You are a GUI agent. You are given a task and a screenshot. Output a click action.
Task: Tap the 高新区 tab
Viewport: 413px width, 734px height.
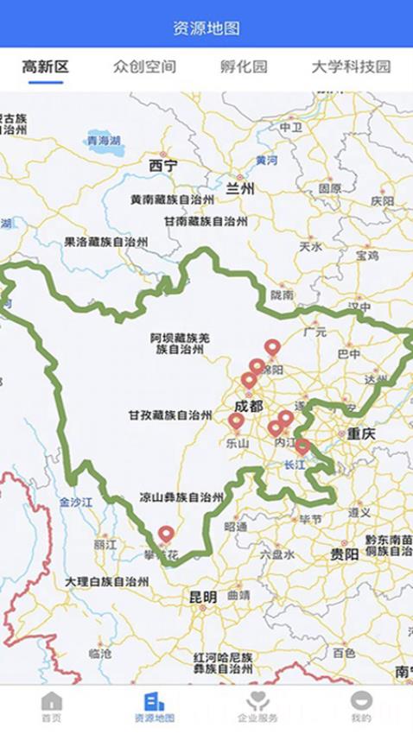(x=46, y=66)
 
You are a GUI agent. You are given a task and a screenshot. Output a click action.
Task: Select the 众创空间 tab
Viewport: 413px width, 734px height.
(x=144, y=66)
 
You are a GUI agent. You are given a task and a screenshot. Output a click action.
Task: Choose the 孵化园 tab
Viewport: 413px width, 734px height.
(x=244, y=66)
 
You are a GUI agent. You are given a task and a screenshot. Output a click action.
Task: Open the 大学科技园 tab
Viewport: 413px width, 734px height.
(x=351, y=66)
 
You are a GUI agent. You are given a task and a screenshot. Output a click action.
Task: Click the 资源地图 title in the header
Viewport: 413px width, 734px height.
(x=206, y=28)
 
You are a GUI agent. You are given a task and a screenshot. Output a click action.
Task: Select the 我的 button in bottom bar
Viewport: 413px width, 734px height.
(x=361, y=706)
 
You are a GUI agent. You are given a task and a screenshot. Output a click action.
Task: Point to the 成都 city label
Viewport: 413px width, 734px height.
(x=250, y=406)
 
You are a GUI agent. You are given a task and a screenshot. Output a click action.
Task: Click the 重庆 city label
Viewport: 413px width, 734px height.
(x=361, y=434)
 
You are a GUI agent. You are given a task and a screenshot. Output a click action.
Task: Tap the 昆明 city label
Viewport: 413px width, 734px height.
(x=203, y=597)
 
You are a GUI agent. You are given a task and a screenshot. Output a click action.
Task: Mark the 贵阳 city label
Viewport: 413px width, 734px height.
(x=344, y=554)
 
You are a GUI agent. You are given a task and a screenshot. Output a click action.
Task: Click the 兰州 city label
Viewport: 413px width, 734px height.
(x=239, y=189)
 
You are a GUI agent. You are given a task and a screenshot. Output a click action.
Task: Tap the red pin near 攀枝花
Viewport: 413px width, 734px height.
(x=166, y=535)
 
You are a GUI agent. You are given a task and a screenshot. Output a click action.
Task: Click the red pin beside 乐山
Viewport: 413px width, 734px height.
(x=236, y=421)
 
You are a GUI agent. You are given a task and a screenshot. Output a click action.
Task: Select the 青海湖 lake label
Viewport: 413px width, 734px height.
(x=103, y=139)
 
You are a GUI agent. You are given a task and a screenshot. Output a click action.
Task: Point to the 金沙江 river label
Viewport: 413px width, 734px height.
(x=75, y=501)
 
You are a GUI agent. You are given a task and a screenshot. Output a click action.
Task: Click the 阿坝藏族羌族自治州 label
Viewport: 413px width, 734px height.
(x=180, y=343)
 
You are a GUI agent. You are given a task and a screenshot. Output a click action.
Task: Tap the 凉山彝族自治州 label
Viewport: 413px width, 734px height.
(x=181, y=497)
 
